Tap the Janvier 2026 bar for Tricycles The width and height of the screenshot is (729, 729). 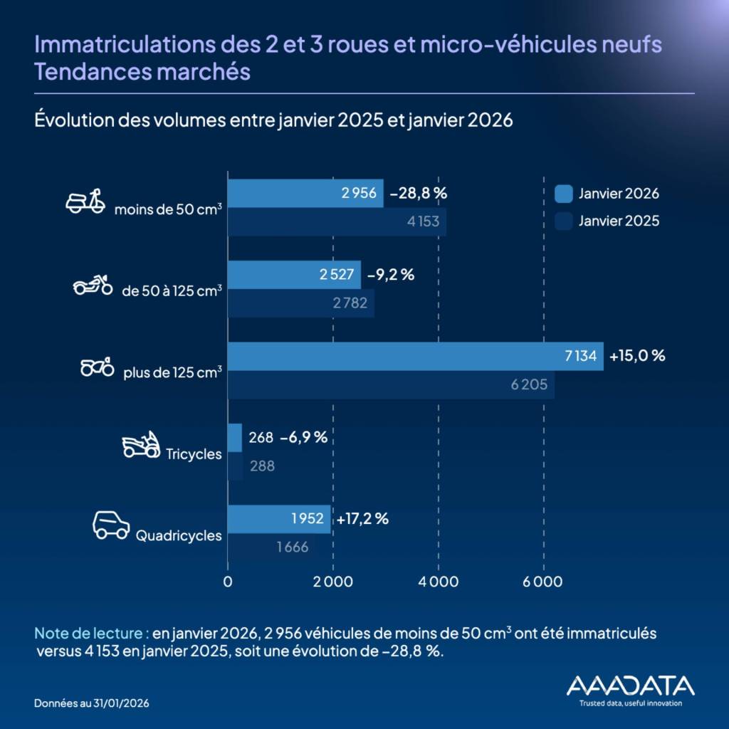tap(234, 438)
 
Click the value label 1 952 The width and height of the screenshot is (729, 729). tap(308, 519)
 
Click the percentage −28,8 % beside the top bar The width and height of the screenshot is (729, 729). tap(418, 193)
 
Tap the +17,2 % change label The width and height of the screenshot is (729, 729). tap(362, 519)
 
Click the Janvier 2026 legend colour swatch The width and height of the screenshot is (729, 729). tap(563, 194)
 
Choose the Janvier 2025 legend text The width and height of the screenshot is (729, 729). tap(619, 221)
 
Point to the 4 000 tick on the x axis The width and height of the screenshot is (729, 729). tap(438, 582)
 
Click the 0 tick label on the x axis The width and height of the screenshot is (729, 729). tap(228, 582)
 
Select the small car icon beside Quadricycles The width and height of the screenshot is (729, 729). tap(111, 525)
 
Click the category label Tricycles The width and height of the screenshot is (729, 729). tap(194, 454)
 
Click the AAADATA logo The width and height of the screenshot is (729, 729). tap(630, 686)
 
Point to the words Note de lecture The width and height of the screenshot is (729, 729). tap(91, 633)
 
